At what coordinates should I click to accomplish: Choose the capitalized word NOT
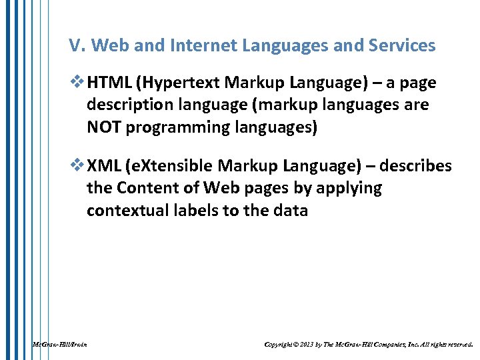click(104, 127)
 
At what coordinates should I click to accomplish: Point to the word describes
click(417, 167)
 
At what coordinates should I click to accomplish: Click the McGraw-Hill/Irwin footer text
click(59, 345)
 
